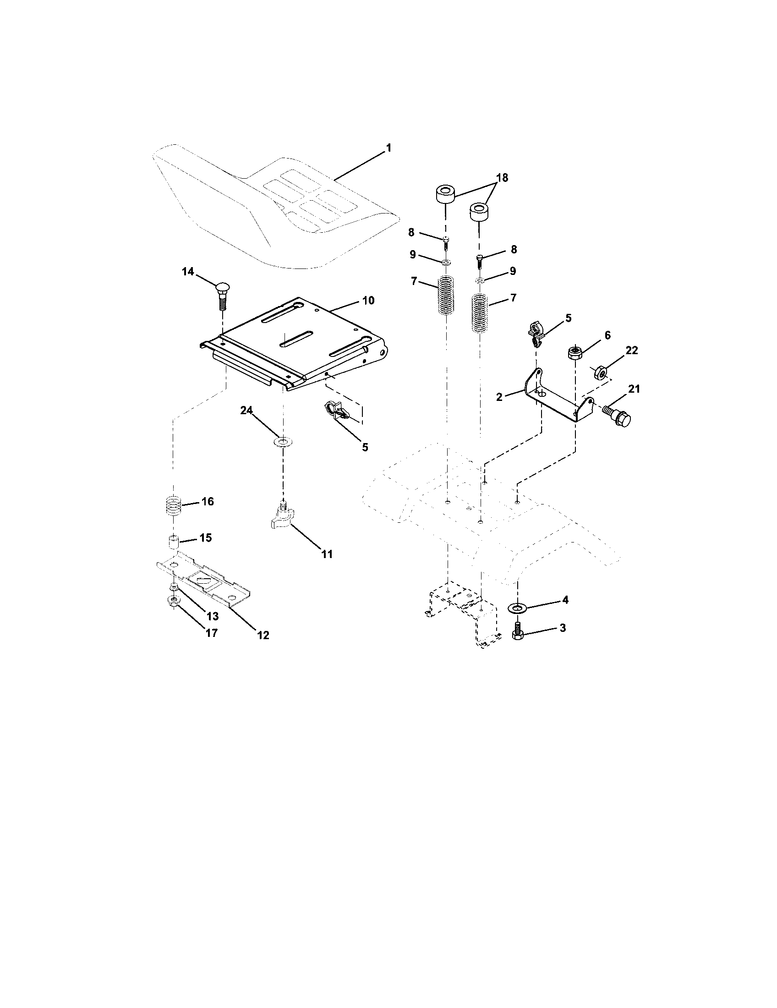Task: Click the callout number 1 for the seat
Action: click(388, 148)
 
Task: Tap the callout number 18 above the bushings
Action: click(502, 178)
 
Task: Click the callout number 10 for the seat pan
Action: click(368, 301)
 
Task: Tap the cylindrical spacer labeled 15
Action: click(173, 542)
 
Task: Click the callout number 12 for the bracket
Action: click(263, 635)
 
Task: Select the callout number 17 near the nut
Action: click(211, 633)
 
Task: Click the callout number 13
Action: click(213, 616)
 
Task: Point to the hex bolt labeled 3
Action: click(517, 632)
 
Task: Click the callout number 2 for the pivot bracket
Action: click(499, 396)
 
